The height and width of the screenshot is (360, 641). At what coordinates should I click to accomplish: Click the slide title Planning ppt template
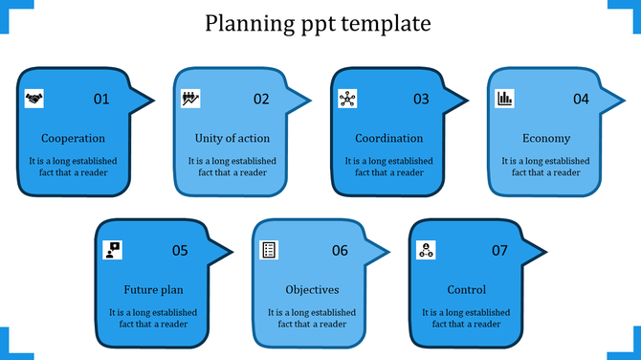pyautogui.click(x=318, y=22)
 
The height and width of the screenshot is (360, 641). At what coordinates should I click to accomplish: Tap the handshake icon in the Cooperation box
pyautogui.click(x=33, y=98)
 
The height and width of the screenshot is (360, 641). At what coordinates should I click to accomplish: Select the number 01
pyautogui.click(x=101, y=99)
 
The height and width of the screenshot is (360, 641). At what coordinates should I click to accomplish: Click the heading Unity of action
pyautogui.click(x=232, y=139)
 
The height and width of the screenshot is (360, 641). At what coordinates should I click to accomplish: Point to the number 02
pyautogui.click(x=261, y=99)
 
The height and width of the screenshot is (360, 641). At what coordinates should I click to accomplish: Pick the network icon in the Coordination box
pyautogui.click(x=347, y=98)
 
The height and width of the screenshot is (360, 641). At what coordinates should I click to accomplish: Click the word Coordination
pyautogui.click(x=388, y=139)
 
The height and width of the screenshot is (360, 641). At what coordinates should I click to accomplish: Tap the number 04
pyautogui.click(x=581, y=99)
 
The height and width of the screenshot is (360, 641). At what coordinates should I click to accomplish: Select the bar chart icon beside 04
pyautogui.click(x=504, y=98)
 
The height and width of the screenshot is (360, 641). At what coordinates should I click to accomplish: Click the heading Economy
pyautogui.click(x=546, y=139)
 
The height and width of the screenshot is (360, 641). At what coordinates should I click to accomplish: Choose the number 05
pyautogui.click(x=180, y=251)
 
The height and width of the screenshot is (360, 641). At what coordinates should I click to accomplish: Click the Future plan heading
pyautogui.click(x=153, y=290)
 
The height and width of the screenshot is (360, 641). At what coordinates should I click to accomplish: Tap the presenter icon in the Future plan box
pyautogui.click(x=113, y=250)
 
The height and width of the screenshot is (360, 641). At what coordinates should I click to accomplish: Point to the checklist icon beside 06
pyautogui.click(x=271, y=250)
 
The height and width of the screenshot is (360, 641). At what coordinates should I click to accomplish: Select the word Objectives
pyautogui.click(x=312, y=290)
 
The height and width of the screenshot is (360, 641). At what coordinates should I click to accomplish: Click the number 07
pyautogui.click(x=499, y=251)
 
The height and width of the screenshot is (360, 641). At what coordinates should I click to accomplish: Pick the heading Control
pyautogui.click(x=467, y=290)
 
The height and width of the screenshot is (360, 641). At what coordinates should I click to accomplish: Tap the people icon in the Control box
pyautogui.click(x=427, y=250)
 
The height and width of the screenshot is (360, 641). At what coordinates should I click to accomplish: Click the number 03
pyautogui.click(x=421, y=99)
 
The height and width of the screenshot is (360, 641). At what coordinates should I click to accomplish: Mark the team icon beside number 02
pyautogui.click(x=190, y=98)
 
